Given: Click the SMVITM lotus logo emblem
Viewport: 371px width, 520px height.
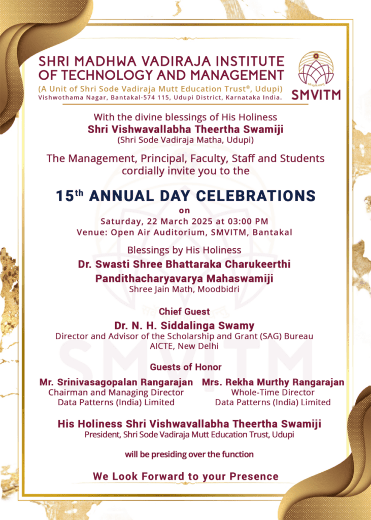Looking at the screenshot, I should tap(316, 69).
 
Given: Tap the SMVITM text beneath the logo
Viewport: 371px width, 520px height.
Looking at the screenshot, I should tap(316, 95).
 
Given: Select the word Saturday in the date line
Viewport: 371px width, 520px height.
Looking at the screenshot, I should tap(121, 221).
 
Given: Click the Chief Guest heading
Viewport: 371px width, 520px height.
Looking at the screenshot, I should tap(184, 311).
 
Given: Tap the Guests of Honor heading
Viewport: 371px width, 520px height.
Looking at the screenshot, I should tap(185, 367).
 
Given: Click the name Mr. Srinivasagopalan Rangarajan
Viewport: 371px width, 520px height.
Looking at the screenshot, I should tap(116, 382).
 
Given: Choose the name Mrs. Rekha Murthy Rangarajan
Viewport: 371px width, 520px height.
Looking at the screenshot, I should tap(273, 382).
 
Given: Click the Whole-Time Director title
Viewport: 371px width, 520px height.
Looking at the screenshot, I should tap(273, 392).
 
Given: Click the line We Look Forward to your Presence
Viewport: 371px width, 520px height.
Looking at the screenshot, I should tap(185, 476).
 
